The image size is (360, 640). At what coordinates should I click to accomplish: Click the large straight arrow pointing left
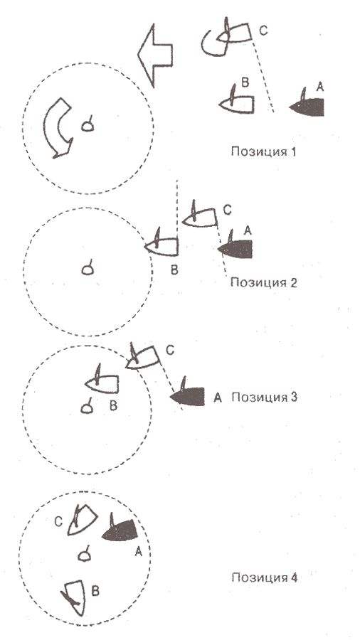pyautogui.click(x=155, y=55)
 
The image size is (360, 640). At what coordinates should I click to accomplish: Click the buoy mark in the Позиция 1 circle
pyautogui.click(x=88, y=124)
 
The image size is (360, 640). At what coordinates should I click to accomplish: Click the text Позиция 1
pyautogui.click(x=263, y=152)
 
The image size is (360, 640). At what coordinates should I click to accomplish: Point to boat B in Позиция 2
pyautogui.click(x=162, y=245)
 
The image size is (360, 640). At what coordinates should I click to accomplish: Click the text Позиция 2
pyautogui.click(x=264, y=282)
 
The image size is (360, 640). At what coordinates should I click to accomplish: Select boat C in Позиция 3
pyautogui.click(x=142, y=358)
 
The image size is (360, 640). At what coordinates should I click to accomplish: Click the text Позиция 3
pyautogui.click(x=265, y=397)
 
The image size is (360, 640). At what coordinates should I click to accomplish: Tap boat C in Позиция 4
pyautogui.click(x=82, y=520)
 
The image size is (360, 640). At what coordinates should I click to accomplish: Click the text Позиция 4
pyautogui.click(x=265, y=577)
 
